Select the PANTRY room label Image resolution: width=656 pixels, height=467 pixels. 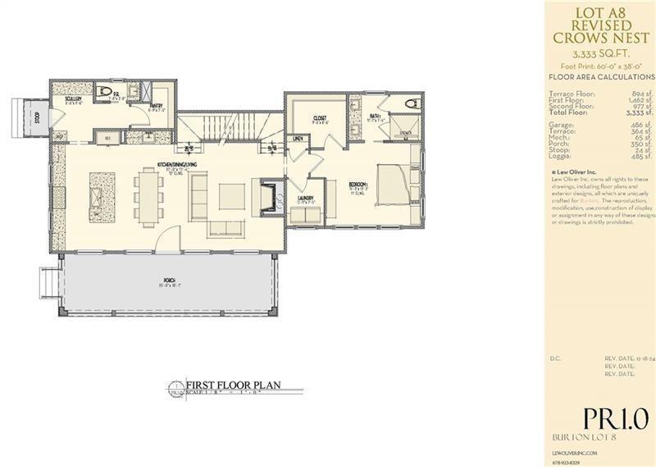156,105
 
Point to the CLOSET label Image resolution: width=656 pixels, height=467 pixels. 319,118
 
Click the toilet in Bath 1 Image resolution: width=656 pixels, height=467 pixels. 412,104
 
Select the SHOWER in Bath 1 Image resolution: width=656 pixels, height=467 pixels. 402,126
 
